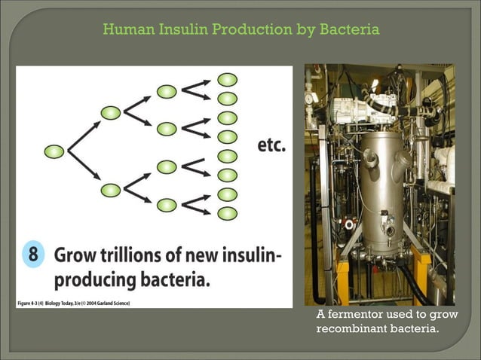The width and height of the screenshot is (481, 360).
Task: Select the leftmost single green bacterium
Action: click(54, 151)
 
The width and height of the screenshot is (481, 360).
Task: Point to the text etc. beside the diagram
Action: click(272, 145)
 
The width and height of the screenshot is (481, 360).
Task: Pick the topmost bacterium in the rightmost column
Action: click(227, 79)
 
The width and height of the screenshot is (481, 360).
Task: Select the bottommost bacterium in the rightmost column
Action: click(227, 213)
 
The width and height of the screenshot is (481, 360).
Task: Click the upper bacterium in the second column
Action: click(111, 113)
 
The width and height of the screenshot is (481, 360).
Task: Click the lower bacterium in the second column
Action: click(111, 190)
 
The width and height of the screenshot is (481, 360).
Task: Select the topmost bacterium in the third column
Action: click(167, 91)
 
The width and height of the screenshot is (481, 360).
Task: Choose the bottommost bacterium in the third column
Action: click(167, 204)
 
